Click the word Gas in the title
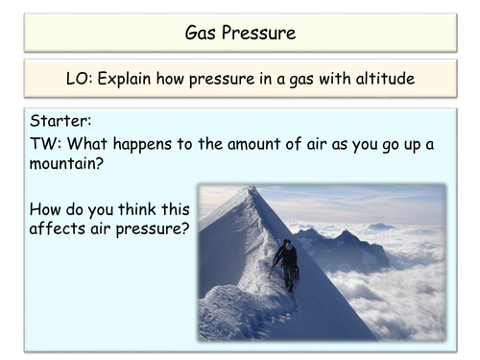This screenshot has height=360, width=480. pyautogui.click(x=203, y=34)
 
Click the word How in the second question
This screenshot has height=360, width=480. pyautogui.click(x=47, y=208)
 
